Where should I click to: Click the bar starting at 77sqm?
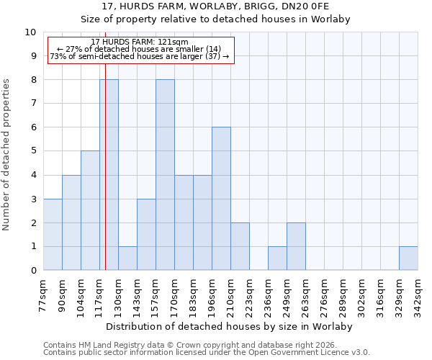click(53, 235)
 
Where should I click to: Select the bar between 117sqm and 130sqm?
click(109, 175)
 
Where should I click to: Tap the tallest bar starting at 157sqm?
click(165, 175)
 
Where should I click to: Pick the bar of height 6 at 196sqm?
click(221, 199)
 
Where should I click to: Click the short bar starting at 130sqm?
click(127, 258)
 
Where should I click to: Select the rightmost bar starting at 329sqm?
click(408, 258)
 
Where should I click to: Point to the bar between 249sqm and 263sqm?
click(296, 247)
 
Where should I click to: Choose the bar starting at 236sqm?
click(277, 258)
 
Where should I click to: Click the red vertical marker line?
click(105, 180)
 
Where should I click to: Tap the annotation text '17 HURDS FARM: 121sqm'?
click(140, 42)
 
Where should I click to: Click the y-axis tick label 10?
click(30, 32)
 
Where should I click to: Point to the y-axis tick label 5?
click(33, 151)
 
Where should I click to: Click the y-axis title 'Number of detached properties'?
click(7, 155)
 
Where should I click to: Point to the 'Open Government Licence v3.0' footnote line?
click(207, 353)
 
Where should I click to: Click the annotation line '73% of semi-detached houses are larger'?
click(140, 56)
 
